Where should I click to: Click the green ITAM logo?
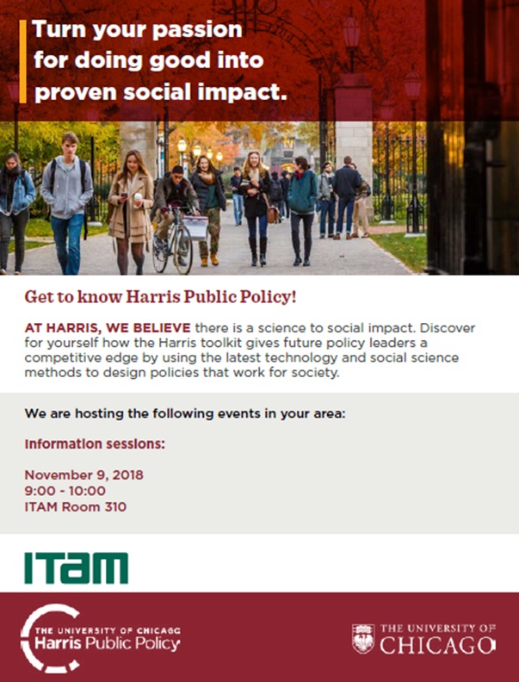coord(76,567)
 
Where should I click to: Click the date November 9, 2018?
coord(83,474)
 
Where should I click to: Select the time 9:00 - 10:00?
coord(65,491)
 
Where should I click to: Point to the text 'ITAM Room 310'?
coord(76,506)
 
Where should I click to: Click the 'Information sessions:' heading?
coord(95,444)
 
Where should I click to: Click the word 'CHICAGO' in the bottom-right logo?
coord(438,646)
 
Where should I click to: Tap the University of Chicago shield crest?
coord(363,639)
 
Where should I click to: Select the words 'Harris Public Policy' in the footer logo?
coord(107,644)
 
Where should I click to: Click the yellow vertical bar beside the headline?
coord(23,61)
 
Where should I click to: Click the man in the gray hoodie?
coord(67,203)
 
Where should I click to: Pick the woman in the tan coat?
coord(131,212)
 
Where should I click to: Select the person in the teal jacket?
coord(302,211)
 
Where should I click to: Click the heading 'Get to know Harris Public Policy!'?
coord(160,297)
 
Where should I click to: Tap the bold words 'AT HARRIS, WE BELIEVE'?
coord(108,327)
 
